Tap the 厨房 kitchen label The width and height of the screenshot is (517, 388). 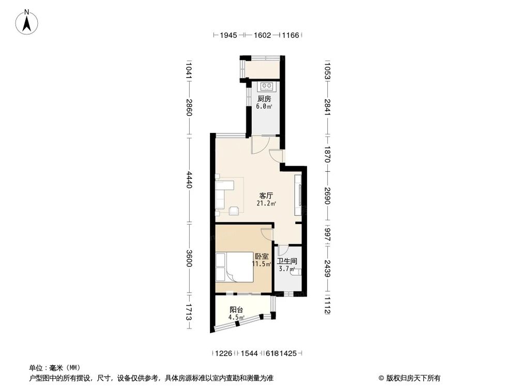[x=264, y=99]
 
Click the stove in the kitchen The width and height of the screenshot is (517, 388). [x=267, y=85]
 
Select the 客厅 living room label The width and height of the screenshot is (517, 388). [x=266, y=196]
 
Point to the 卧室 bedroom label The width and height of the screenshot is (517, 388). [x=261, y=256]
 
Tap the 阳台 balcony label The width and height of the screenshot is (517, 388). [x=236, y=310]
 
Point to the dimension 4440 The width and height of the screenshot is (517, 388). [x=190, y=181]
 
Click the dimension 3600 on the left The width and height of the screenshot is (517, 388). [x=190, y=259]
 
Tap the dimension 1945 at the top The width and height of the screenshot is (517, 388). [x=228, y=36]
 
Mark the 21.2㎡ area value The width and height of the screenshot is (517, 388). [x=265, y=203]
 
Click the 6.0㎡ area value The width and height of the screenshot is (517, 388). [x=264, y=107]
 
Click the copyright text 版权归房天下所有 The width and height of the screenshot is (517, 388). [x=412, y=378]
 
